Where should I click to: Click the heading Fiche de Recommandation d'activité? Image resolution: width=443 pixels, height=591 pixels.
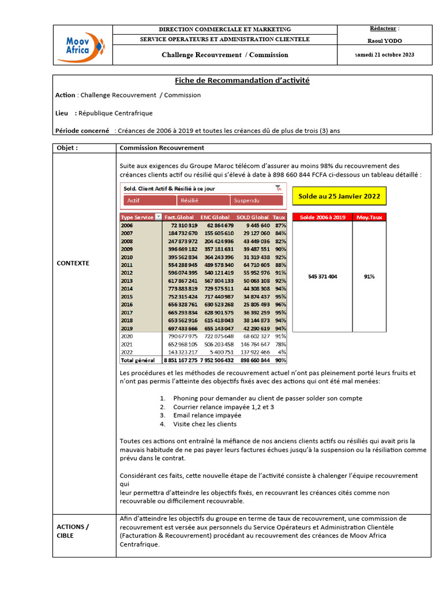point(242,81)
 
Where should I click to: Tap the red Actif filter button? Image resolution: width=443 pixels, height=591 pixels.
point(149,200)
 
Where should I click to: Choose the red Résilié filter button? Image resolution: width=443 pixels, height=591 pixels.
point(203,200)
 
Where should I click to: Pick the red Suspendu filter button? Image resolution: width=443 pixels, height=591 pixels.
point(257,200)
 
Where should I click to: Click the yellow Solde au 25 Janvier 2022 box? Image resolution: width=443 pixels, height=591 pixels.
point(339,196)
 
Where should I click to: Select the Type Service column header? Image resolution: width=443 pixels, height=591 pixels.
point(137,217)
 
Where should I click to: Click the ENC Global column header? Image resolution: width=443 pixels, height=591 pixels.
point(215,217)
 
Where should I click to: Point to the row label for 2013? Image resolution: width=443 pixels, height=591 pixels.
point(127,280)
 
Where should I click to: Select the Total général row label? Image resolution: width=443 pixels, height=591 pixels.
point(137,360)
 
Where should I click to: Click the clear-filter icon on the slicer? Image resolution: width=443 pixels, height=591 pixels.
point(279,188)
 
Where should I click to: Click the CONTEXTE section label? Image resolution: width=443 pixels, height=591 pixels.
point(73,263)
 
